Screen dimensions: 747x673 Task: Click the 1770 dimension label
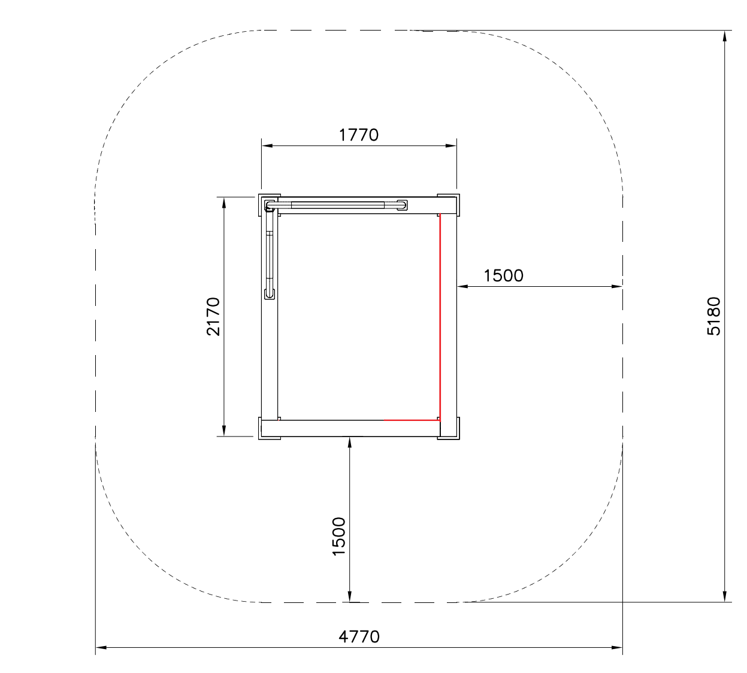pyautogui.click(x=359, y=135)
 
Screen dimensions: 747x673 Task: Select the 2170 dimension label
pyautogui.click(x=213, y=316)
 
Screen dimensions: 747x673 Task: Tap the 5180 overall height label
pyautogui.click(x=714, y=316)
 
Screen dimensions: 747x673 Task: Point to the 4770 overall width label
pyautogui.click(x=359, y=637)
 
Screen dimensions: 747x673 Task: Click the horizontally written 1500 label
pyautogui.click(x=503, y=276)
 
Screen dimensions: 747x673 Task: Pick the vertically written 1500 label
pyautogui.click(x=338, y=536)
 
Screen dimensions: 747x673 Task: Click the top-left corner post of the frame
pyautogui.click(x=269, y=205)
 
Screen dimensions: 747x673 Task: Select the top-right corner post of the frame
pyautogui.click(x=448, y=205)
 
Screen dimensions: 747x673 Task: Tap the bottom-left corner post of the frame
pyautogui.click(x=269, y=428)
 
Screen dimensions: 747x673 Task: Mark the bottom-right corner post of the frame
pyautogui.click(x=448, y=428)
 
